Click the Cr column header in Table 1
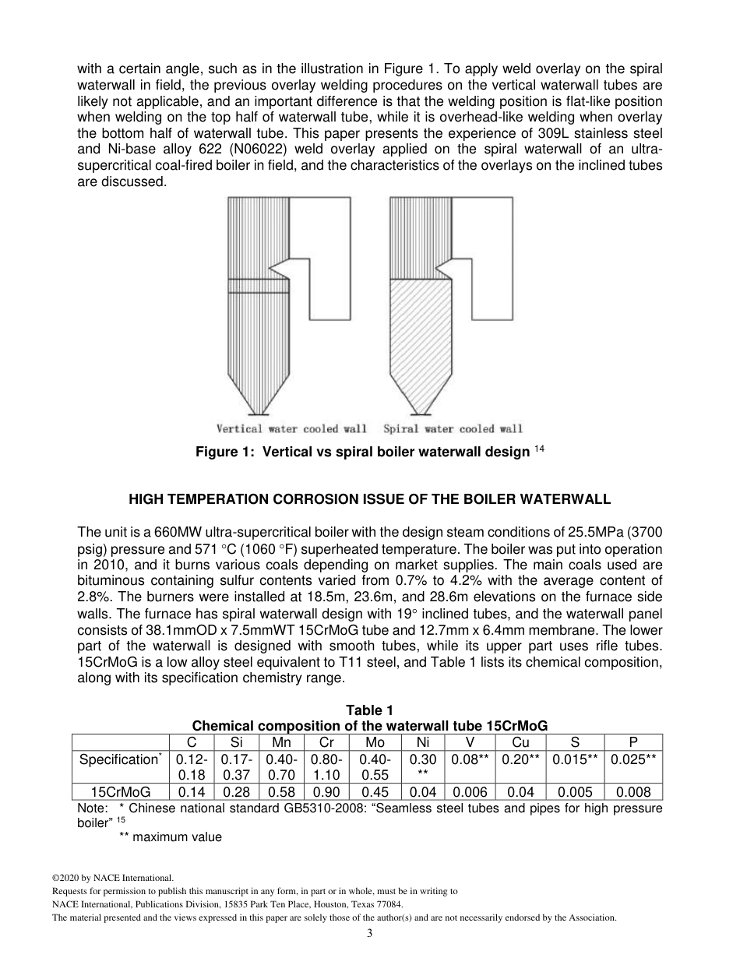click(326, 743)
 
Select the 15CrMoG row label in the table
click(121, 792)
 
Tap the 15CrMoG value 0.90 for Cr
click(326, 792)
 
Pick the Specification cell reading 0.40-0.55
click(375, 767)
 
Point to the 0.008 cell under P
click(633, 792)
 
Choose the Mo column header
click(375, 743)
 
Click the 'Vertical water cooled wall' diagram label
click(291, 428)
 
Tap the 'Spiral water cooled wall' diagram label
click(453, 428)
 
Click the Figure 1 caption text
click(362, 453)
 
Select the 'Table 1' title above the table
click(369, 710)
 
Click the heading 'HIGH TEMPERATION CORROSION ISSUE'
click(369, 498)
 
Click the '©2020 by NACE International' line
click(107, 878)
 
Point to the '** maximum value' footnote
click(170, 837)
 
